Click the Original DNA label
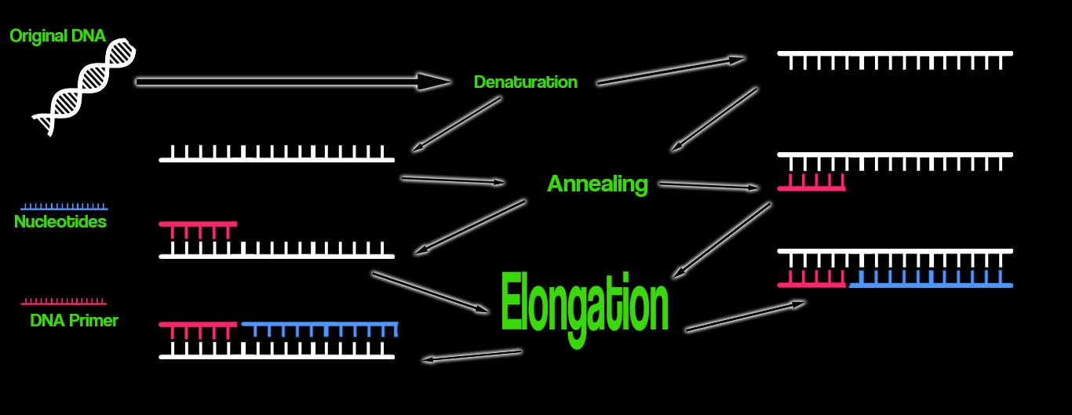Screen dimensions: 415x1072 tap(57, 35)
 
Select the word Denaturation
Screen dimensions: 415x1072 tap(525, 82)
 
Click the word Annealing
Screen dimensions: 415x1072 tap(597, 184)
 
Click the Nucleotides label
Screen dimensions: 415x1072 tap(60, 222)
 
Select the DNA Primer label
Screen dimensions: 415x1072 tap(74, 320)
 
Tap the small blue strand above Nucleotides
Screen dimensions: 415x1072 tap(64, 206)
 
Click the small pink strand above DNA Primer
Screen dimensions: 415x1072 tap(64, 301)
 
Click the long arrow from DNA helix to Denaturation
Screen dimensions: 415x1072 tap(290, 81)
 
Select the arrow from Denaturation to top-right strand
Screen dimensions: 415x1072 tap(671, 70)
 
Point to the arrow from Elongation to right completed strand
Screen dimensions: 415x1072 tap(746, 315)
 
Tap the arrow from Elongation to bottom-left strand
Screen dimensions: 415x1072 tap(471, 356)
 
